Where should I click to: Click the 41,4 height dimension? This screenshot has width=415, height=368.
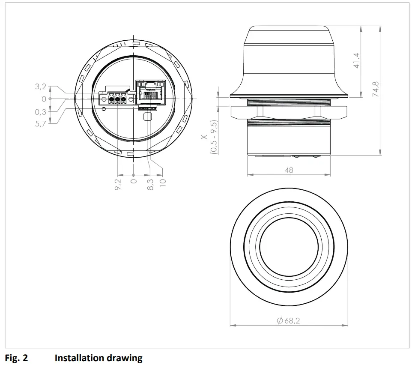pyautogui.click(x=356, y=60)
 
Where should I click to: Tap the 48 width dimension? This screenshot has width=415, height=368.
pyautogui.click(x=289, y=170)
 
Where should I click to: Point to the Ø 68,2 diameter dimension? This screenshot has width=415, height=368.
pyautogui.click(x=288, y=320)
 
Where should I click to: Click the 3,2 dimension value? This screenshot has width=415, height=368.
pyautogui.click(x=41, y=87)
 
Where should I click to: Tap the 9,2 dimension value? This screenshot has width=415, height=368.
pyautogui.click(x=118, y=185)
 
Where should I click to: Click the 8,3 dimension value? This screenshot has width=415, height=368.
pyautogui.click(x=150, y=185)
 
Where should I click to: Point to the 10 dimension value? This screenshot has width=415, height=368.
pyautogui.click(x=162, y=183)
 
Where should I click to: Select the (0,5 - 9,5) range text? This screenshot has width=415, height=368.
pyautogui.click(x=213, y=137)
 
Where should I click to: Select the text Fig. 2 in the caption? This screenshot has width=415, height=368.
pyautogui.click(x=16, y=358)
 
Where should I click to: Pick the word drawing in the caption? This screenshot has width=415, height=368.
pyautogui.click(x=127, y=358)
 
